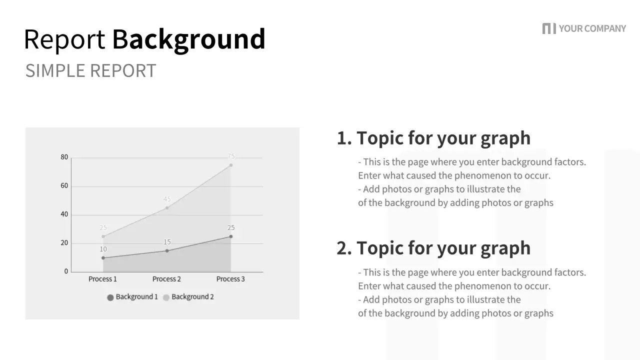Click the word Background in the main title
(x=188, y=39)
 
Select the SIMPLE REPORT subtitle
(x=90, y=71)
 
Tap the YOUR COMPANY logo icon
(x=548, y=28)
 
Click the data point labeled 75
(x=231, y=165)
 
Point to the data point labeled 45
(x=167, y=207)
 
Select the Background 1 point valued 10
(x=103, y=258)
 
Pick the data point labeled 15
(x=167, y=250)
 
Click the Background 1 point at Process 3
(x=231, y=236)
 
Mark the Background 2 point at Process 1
(x=103, y=236)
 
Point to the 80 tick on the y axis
(x=64, y=157)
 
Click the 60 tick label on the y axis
(x=64, y=186)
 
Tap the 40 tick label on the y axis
(x=64, y=214)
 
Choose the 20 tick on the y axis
(x=64, y=243)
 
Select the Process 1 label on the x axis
(x=102, y=279)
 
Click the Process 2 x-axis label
(x=166, y=279)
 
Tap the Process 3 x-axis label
(x=230, y=279)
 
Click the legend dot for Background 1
(x=110, y=297)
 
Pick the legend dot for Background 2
(x=166, y=297)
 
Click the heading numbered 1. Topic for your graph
(x=433, y=138)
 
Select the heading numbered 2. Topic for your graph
(x=433, y=248)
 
